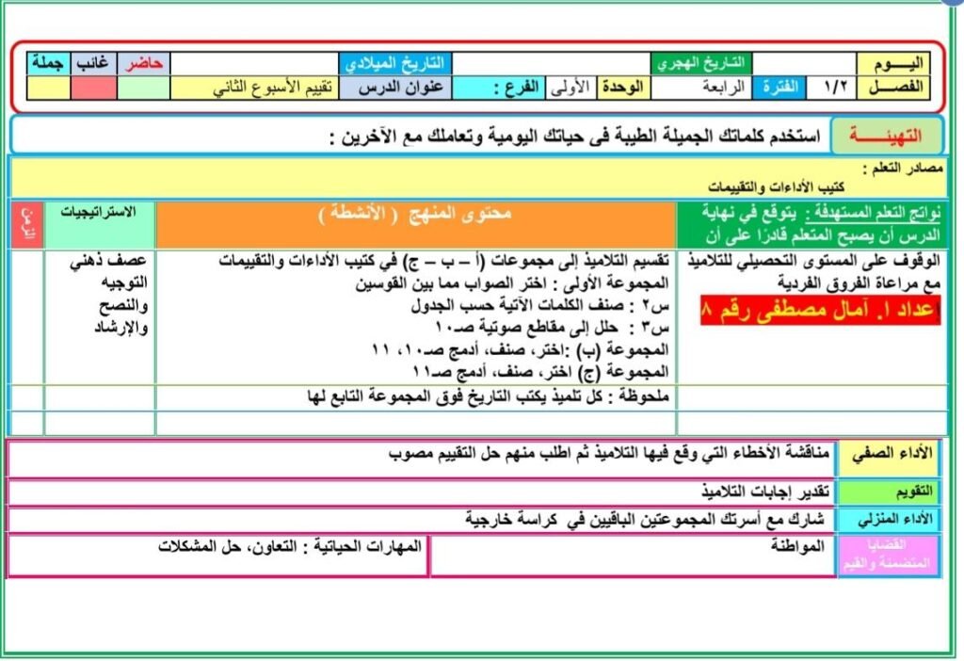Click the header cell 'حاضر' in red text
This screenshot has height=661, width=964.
(x=144, y=63)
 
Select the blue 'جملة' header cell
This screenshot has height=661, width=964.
(x=48, y=63)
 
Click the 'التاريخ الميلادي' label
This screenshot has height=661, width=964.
(x=395, y=63)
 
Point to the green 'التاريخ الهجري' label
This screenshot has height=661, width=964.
(x=701, y=63)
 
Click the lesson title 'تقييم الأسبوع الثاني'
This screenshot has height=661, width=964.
(x=252, y=88)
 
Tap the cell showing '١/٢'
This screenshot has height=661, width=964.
(x=834, y=88)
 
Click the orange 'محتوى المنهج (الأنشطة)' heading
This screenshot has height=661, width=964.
(x=414, y=215)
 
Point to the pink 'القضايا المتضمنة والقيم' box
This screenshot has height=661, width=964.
(x=889, y=555)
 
